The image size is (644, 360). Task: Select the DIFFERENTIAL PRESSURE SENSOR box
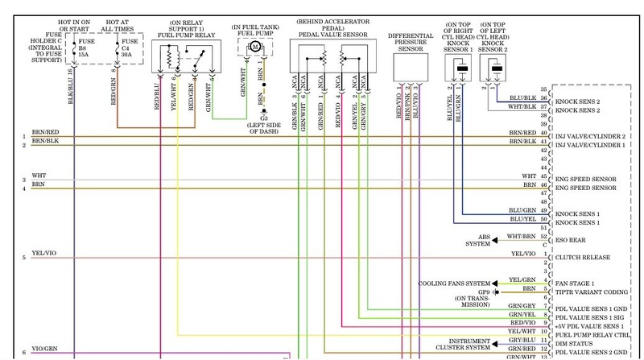coord(411,69)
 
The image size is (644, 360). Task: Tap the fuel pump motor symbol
coord(254,48)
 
